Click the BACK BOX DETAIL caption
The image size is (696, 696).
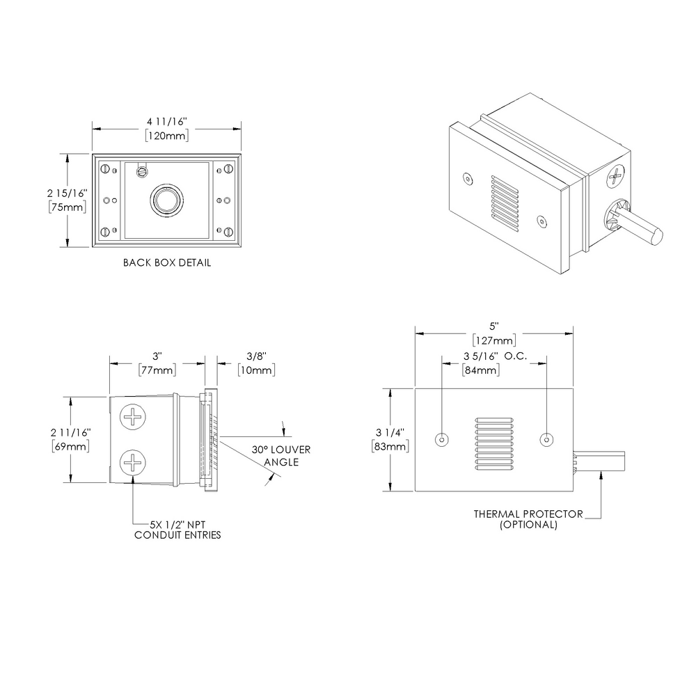tap(166, 263)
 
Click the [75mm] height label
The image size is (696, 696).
tap(67, 207)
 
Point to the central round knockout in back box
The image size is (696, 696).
tap(166, 200)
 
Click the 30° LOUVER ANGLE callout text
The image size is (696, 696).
tap(281, 455)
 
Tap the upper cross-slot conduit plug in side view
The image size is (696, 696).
tap(134, 418)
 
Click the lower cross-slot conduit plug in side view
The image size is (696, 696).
tap(134, 463)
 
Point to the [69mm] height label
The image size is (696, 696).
tap(70, 446)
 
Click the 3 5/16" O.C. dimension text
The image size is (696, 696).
tap(494, 356)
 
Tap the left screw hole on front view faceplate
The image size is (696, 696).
tap(441, 440)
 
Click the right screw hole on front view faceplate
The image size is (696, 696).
tap(547, 440)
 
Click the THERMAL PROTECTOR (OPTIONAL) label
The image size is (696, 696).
tap(528, 519)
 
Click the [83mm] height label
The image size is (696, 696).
tap(390, 446)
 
